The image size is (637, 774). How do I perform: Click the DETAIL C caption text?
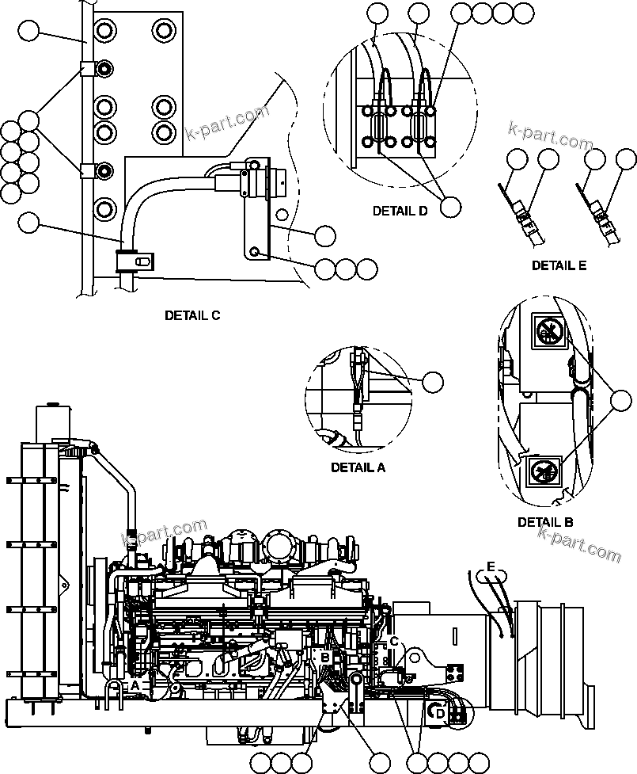(x=192, y=315)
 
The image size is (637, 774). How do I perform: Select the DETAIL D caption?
(x=400, y=212)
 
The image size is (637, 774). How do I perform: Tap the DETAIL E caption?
(x=559, y=265)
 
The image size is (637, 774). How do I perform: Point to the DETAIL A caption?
(x=358, y=467)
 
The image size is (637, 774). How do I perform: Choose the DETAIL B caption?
(x=545, y=522)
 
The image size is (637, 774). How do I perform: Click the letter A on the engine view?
(x=135, y=684)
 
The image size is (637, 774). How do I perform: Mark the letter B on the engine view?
(x=324, y=657)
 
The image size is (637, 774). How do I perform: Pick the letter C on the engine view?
(x=394, y=642)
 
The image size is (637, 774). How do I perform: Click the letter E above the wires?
(x=491, y=567)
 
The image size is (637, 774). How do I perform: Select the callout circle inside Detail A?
(x=432, y=382)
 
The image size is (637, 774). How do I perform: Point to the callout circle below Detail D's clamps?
(x=450, y=206)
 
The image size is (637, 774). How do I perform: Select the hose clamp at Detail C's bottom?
(x=134, y=258)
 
